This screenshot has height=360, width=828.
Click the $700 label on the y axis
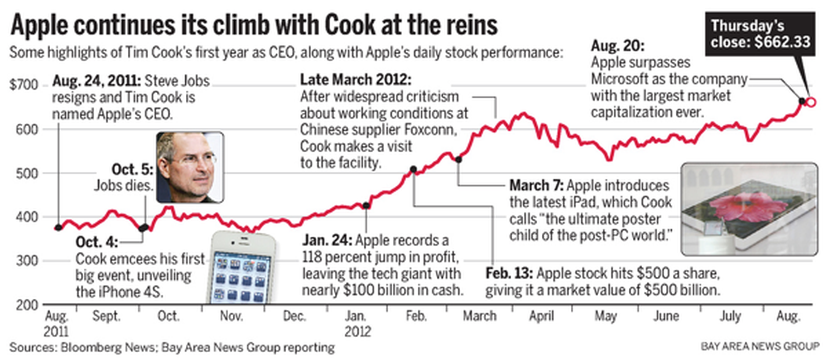[x=24, y=85]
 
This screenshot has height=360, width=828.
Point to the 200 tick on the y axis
[x=26, y=305]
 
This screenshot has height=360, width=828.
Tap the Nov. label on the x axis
[x=231, y=316]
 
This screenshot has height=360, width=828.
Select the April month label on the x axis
[x=541, y=316]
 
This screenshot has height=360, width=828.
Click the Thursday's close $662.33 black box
[x=760, y=34]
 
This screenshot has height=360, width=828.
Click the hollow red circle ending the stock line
[x=811, y=102]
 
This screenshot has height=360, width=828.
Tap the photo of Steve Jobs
[x=190, y=167]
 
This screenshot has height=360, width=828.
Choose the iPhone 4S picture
[x=242, y=269]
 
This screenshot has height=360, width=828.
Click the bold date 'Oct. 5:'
[x=132, y=170]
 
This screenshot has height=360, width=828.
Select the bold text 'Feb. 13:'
[x=509, y=274]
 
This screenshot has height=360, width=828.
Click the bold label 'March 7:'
[x=536, y=186]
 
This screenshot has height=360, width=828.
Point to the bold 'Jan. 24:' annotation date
[x=327, y=241]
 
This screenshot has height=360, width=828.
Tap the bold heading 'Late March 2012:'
[x=356, y=80]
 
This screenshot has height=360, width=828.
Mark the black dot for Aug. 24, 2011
[x=58, y=228]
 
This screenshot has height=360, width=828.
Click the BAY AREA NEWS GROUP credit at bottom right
[x=760, y=346]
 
